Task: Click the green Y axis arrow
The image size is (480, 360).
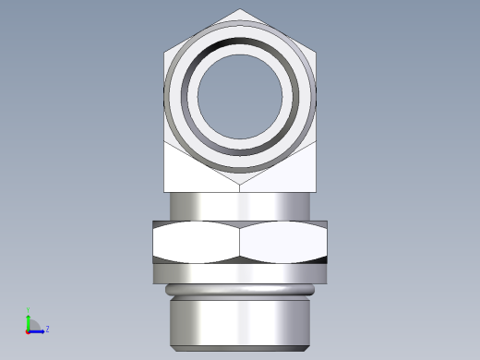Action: pyautogui.click(x=28, y=319)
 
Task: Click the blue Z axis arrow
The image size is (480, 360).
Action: pyautogui.click(x=38, y=330)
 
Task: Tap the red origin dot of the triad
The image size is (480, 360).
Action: pyautogui.click(x=28, y=330)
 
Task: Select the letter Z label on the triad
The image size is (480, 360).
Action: pyautogui.click(x=47, y=329)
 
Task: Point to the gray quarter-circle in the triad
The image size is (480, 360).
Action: pyautogui.click(x=32, y=325)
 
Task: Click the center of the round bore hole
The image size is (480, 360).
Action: pyautogui.click(x=240, y=92)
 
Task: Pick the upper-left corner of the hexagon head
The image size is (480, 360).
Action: pyautogui.click(x=165, y=52)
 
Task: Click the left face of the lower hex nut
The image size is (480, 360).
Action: pyautogui.click(x=196, y=244)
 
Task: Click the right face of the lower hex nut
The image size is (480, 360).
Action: pyautogui.click(x=284, y=244)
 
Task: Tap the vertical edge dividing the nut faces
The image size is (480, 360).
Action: pyautogui.click(x=240, y=244)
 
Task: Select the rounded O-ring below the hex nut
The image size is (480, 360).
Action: pyautogui.click(x=240, y=291)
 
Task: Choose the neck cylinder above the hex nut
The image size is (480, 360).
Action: pyautogui.click(x=240, y=206)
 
